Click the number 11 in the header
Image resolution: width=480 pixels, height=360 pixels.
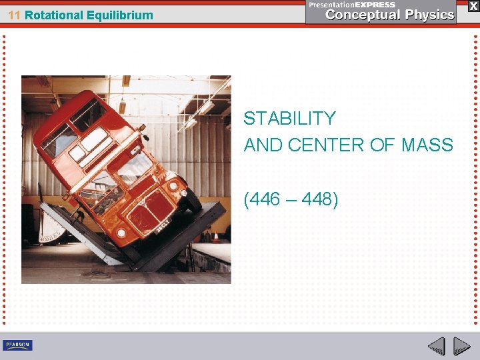[15, 15]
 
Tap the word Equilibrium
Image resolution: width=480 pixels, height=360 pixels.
[119, 15]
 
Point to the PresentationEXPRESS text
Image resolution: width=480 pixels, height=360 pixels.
[351, 5]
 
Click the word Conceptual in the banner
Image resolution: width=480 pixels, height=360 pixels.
[363, 15]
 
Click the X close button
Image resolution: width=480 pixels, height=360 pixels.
[472, 5]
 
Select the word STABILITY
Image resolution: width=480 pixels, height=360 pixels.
[289, 119]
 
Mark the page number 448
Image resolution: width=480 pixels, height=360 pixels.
[318, 198]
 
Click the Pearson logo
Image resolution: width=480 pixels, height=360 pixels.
[17, 345]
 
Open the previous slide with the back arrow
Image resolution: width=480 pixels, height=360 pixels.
[436, 346]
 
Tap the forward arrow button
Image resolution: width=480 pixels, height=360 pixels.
[462, 346]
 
